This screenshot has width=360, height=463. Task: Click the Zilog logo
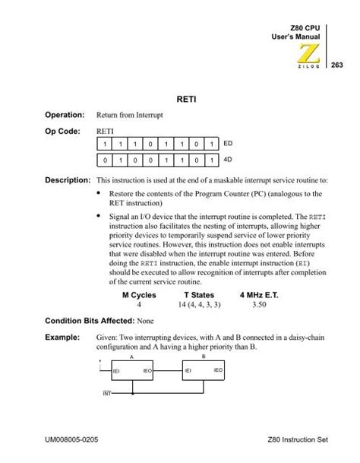click(308, 55)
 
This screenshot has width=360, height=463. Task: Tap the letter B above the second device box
click(203, 354)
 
